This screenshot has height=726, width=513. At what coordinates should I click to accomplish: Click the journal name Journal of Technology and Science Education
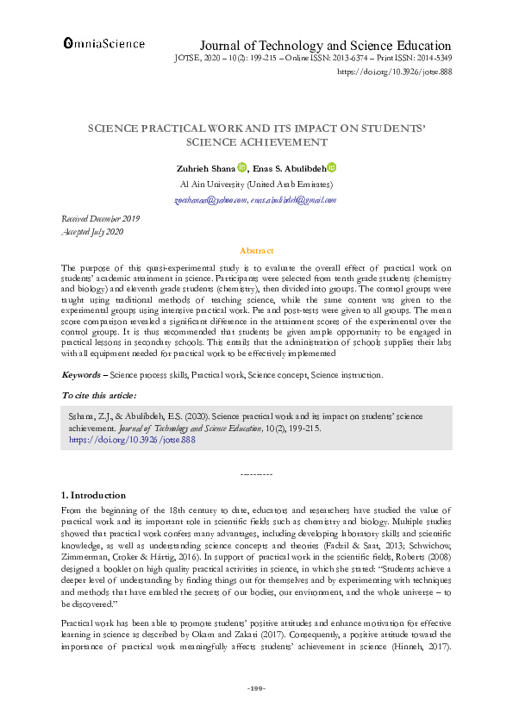[x=325, y=46]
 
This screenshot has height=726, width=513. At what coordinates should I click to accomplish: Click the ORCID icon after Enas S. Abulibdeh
[x=332, y=168]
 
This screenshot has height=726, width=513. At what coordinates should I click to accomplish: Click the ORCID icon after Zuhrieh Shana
[x=241, y=168]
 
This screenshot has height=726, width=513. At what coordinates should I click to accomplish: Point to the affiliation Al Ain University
[x=256, y=185]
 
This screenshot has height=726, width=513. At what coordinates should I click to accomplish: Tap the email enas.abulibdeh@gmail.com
[x=293, y=200]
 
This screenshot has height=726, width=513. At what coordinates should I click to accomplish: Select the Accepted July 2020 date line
[x=94, y=233]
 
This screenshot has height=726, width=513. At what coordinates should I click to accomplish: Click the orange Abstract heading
[x=256, y=250]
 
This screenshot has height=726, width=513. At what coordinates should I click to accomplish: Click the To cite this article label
[x=98, y=395]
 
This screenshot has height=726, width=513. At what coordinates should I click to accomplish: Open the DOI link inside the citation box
[x=132, y=439]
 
